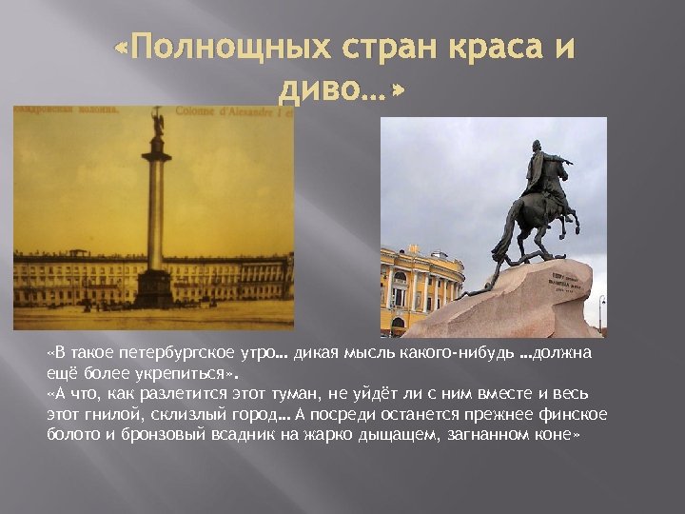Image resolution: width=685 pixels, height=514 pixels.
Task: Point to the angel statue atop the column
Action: [x=158, y=123]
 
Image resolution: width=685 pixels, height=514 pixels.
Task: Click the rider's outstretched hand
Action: [x=571, y=161]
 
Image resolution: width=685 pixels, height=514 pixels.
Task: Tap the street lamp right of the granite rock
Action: [x=601, y=309]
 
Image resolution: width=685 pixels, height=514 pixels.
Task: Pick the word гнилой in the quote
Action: [x=101, y=414]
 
